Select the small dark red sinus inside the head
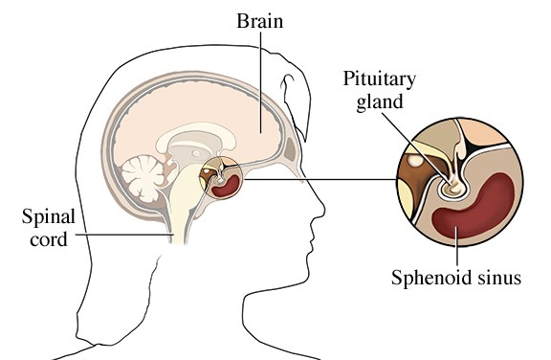coord(226,187)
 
